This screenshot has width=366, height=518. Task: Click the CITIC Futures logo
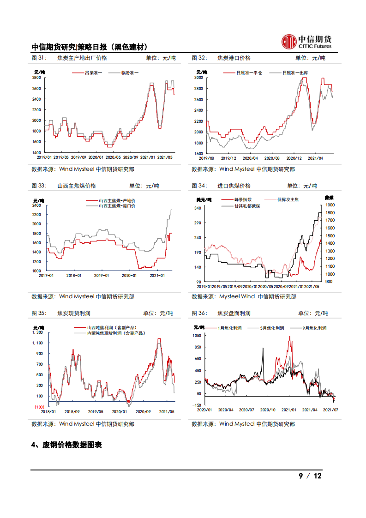[x=306, y=42]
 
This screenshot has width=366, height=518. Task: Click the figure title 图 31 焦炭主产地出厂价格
[x=69, y=58]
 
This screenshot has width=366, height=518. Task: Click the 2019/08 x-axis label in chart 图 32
[x=206, y=157]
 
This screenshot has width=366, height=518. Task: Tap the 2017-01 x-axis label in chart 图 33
[x=46, y=275]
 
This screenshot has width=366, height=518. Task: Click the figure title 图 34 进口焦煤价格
[x=222, y=186]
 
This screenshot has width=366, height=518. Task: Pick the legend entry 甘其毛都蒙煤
[x=247, y=206]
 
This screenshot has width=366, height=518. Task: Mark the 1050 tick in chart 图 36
[x=197, y=336]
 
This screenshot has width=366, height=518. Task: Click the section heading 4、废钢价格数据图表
[x=66, y=445]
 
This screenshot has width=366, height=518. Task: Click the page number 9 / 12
[x=310, y=476]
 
